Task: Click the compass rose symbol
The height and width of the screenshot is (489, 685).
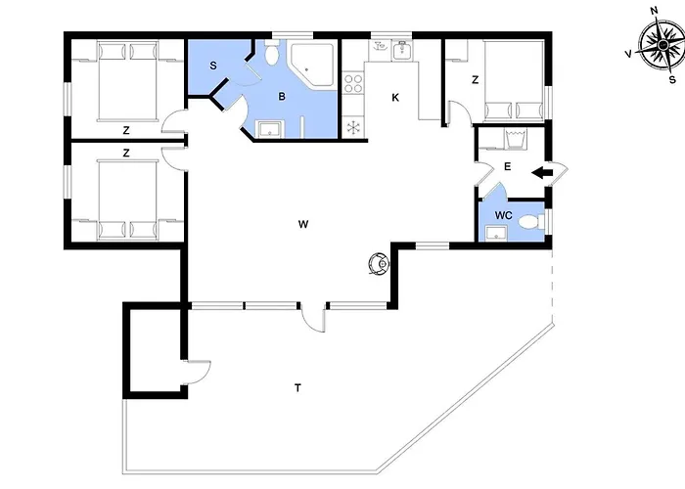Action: [662, 45]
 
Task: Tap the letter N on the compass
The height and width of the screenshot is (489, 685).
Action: [655, 11]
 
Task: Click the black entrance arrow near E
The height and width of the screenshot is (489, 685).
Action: [542, 173]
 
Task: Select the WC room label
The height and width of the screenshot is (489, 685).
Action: [503, 216]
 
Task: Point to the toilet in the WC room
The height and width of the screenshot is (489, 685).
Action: [531, 222]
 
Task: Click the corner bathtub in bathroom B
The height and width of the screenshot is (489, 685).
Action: [312, 65]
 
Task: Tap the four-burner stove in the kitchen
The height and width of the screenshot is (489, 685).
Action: [353, 83]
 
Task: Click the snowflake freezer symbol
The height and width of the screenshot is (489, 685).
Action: [353, 128]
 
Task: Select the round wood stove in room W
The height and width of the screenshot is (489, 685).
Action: [379, 264]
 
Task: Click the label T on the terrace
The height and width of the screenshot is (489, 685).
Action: [297, 387]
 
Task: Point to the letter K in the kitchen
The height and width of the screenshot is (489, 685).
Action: [395, 98]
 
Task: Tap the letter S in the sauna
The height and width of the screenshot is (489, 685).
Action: [213, 66]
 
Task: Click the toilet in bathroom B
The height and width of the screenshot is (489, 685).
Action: [272, 53]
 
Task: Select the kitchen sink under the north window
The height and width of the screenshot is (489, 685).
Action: [400, 50]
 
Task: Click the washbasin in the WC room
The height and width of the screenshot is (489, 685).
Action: [496, 234]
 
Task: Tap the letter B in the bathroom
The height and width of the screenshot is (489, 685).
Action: [282, 97]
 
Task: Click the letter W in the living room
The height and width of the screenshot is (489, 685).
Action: [303, 224]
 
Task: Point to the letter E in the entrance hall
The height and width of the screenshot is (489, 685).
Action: [507, 167]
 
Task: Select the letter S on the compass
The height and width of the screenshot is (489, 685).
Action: [672, 80]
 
